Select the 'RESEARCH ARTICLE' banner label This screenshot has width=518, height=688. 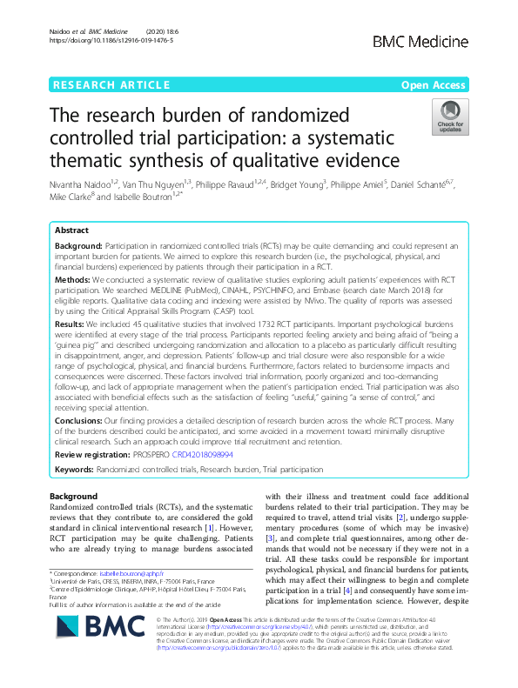click(x=110, y=84)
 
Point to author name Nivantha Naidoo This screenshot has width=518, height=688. click(x=80, y=184)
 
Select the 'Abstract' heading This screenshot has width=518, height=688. click(x=71, y=231)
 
